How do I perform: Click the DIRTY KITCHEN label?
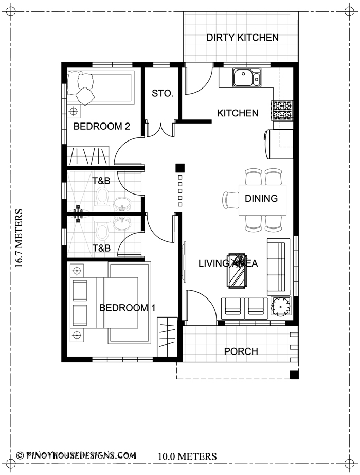[242, 37]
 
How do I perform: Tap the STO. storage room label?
[163, 93]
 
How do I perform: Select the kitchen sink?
[247, 77]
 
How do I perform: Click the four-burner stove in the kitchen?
[283, 111]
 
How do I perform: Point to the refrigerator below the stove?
[279, 144]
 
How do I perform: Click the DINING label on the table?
[261, 199]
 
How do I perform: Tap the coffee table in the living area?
[237, 270]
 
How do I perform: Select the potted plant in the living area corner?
[281, 306]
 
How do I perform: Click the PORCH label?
[241, 351]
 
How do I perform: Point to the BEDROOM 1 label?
[127, 308]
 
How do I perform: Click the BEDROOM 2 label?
[102, 126]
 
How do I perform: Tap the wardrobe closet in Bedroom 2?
[87, 156]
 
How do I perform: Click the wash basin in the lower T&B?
[122, 223]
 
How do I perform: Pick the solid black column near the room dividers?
[180, 168]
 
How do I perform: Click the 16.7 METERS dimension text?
[19, 238]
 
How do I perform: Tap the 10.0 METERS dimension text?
[187, 456]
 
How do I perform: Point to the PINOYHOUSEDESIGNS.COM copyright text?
[76, 455]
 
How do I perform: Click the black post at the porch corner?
[294, 375]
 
